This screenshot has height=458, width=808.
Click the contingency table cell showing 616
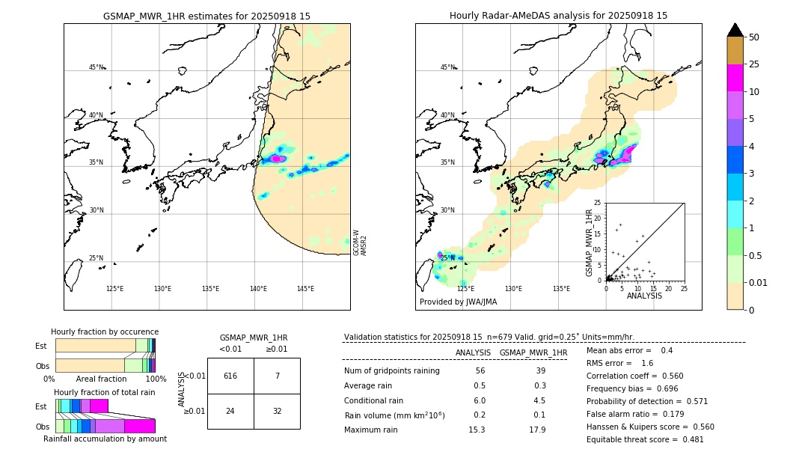[230, 376]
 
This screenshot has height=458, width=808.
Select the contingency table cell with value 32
[277, 411]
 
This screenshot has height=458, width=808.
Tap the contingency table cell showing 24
[230, 411]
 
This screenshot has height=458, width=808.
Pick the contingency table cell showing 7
[277, 376]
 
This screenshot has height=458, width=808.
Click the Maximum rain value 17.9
[537, 430]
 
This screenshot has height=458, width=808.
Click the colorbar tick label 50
[754, 37]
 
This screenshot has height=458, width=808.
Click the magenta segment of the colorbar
[735, 78]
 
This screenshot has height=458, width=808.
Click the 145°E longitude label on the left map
[305, 289]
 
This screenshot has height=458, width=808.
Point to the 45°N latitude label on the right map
[447, 67]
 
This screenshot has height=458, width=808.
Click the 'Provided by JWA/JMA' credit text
[458, 302]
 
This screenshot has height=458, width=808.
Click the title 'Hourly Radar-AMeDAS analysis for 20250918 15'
[558, 16]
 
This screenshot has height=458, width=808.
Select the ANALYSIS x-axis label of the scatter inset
[644, 296]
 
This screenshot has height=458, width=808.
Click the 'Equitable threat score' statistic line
[645, 439]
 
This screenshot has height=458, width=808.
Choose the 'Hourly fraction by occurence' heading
[105, 332]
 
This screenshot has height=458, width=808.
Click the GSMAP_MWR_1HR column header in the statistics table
[533, 352]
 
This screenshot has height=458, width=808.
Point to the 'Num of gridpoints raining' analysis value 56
[480, 370]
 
